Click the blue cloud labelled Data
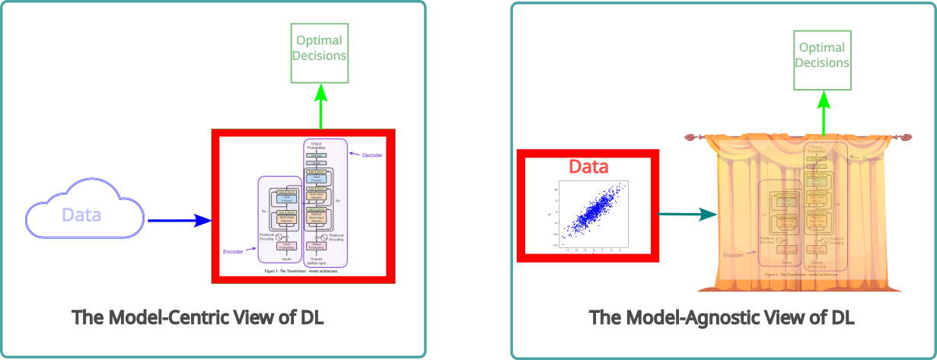pyautogui.click(x=84, y=214)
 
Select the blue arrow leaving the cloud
pyautogui.click(x=179, y=221)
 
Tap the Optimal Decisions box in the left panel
pyautogui.click(x=320, y=53)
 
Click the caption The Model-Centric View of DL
pyautogui.click(x=198, y=317)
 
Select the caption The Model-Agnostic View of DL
pyautogui.click(x=722, y=317)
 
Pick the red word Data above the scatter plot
pyautogui.click(x=589, y=167)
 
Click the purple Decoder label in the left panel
pyautogui.click(x=372, y=155)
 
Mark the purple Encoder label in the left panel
pyautogui.click(x=233, y=251)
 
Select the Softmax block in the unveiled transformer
pyautogui.click(x=315, y=155)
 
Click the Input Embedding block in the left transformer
pyautogui.click(x=287, y=245)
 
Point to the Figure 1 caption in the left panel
pyautogui.click(x=301, y=271)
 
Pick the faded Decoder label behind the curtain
pyautogui.click(x=872, y=158)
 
